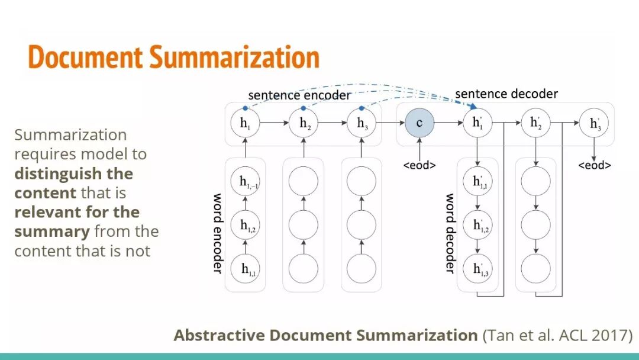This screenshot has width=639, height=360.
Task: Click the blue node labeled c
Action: pos(419,124)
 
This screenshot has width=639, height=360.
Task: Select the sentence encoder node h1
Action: pos(245,124)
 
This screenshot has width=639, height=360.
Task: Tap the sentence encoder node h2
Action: pos(304,124)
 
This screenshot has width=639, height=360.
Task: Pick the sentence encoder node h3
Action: pos(362,124)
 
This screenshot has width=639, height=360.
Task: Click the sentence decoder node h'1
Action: pos(477,124)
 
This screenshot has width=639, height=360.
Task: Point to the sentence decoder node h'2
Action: pos(535,124)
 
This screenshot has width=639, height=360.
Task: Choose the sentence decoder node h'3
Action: pos(594,124)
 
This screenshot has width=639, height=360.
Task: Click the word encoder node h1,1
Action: pos(245,268)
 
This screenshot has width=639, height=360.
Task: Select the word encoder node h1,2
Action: pos(245,225)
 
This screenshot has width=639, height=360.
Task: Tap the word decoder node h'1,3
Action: pos(477,268)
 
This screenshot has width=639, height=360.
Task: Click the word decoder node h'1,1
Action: pos(477,182)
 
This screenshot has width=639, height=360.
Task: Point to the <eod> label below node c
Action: pos(419,165)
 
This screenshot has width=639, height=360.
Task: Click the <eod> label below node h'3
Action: pos(594,165)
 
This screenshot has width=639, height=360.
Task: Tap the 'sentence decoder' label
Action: pos(506,94)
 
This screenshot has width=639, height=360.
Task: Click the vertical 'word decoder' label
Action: pos(450,233)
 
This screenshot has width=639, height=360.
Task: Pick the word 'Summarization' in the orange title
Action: pos(234,57)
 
